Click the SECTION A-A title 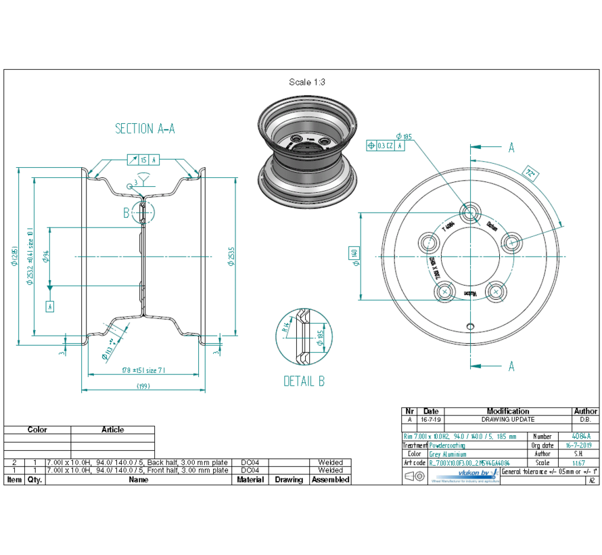pos(145,129)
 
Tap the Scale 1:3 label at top pos(307,82)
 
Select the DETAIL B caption pos(304,381)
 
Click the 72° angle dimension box pos(532,173)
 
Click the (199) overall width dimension pos(143,386)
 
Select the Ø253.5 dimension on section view pos(231,256)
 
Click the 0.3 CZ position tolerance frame pos(386,145)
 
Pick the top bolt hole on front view pos(471,210)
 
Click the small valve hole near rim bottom pos(471,326)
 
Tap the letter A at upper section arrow pos(511,148)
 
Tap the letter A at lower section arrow pos(511,366)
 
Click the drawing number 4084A pos(581,437)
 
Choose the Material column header pos(250,479)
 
